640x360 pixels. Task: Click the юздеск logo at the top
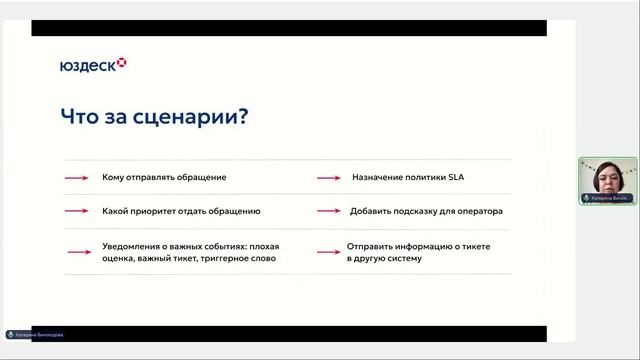click(93, 65)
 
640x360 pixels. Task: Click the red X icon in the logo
click(122, 64)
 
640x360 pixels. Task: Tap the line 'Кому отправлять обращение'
click(164, 177)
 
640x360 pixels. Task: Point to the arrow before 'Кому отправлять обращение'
click(76, 178)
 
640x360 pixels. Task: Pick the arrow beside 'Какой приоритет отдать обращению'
click(76, 212)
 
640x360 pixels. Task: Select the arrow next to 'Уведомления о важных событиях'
click(76, 251)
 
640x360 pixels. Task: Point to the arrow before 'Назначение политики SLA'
click(329, 178)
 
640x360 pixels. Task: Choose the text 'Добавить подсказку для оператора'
click(426, 211)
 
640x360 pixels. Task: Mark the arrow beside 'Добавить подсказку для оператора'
click(329, 212)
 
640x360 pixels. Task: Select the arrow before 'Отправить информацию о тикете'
click(329, 251)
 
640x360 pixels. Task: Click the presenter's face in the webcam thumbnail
click(605, 177)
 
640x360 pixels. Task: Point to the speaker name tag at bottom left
click(35, 335)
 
